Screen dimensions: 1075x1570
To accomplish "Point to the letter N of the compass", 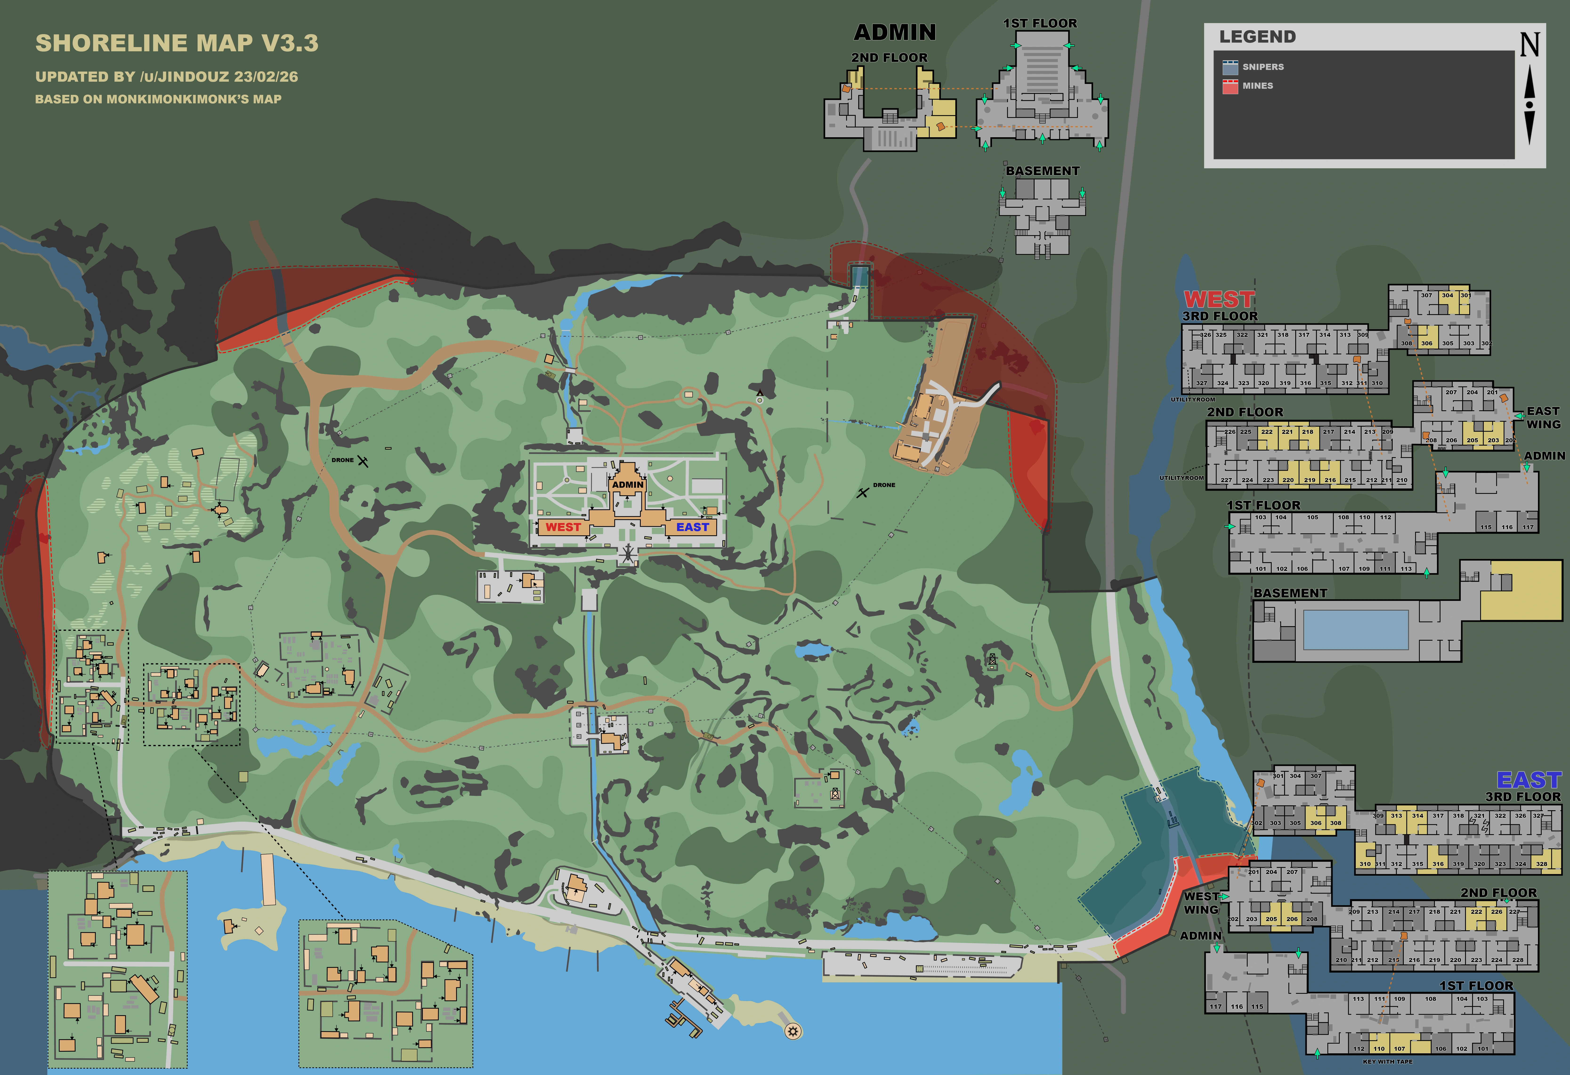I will (x=1530, y=45).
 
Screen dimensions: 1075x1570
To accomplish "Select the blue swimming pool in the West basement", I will (x=1355, y=629).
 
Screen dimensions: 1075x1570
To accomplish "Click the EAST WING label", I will (x=1544, y=417).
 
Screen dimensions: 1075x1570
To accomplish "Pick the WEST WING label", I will (x=1201, y=903).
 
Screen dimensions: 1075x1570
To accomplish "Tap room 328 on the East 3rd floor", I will (x=1542, y=864).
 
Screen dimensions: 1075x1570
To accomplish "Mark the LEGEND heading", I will (x=1257, y=37).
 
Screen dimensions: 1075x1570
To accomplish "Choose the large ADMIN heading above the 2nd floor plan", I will (x=895, y=32).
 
